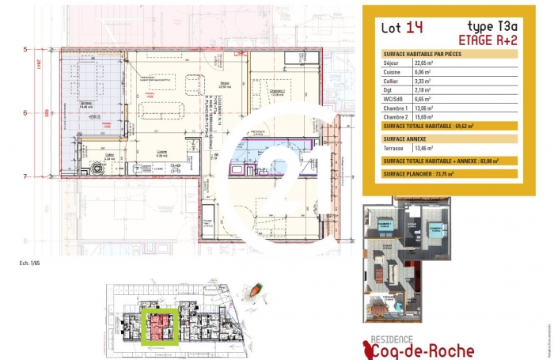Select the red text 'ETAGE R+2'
pos(488,39)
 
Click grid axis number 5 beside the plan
pos(25,49)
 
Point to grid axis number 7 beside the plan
pos(25,176)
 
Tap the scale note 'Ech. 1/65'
pos(31,261)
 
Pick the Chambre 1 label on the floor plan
pos(276,91)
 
